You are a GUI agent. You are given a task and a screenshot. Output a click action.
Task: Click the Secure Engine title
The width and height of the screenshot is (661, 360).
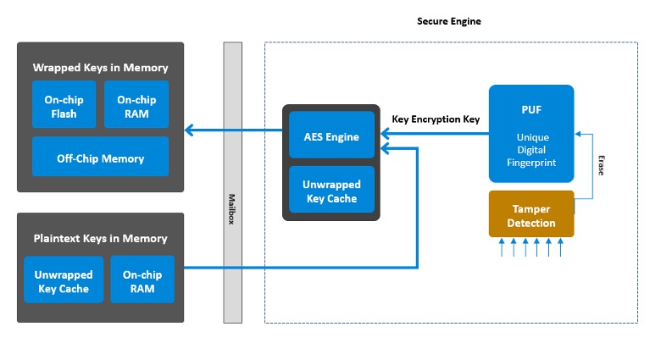tap(449, 20)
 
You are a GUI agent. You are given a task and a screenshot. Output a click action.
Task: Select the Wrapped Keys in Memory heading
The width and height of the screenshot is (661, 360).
tap(100, 67)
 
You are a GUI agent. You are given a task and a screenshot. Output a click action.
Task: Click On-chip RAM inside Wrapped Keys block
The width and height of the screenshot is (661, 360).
tap(136, 105)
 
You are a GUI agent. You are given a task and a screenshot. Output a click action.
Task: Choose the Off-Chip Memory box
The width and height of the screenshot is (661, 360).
tap(100, 158)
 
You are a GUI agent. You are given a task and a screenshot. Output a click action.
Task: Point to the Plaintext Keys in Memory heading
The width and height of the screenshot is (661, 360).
tap(100, 238)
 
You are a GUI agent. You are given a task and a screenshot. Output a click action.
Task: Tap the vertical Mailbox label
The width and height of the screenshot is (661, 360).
tap(232, 208)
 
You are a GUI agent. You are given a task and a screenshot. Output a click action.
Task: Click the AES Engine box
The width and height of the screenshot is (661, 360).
tap(331, 136)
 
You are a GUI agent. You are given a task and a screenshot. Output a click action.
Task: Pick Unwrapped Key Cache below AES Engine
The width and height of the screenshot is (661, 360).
tap(331, 191)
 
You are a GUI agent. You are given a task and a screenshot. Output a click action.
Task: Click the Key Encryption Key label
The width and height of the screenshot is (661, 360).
tap(436, 119)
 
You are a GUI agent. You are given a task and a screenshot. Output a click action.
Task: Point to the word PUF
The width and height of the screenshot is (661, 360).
tap(531, 108)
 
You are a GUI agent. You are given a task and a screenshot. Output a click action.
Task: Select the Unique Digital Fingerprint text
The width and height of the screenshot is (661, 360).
tap(531, 149)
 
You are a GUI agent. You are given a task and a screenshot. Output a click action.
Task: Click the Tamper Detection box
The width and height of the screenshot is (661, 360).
tap(531, 215)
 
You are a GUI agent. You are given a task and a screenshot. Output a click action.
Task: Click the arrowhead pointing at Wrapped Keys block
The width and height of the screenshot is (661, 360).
tap(190, 130)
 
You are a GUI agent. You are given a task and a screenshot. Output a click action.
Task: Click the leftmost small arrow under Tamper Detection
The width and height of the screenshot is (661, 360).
tap(503, 246)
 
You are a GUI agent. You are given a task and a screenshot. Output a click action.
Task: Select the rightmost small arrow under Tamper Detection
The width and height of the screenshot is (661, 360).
tap(560, 246)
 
